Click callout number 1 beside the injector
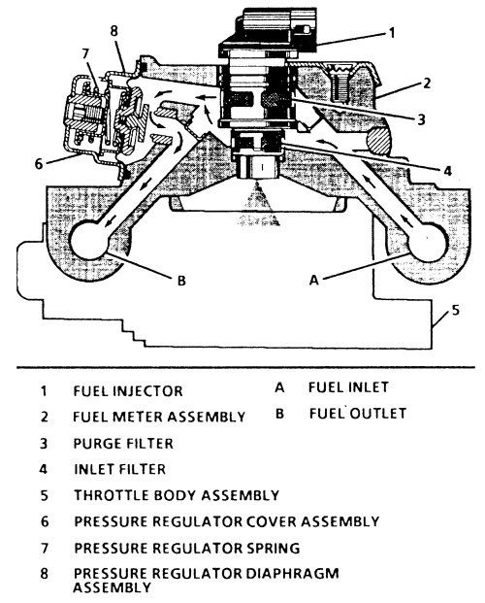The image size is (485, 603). tap(391, 33)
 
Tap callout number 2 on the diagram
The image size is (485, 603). tap(427, 84)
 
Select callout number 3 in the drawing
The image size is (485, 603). tap(421, 118)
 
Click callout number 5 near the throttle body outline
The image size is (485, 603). tap(455, 310)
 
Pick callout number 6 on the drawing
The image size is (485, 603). tap(39, 163)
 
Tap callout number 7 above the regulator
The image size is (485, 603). tap(85, 53)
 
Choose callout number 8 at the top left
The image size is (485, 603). tap(113, 31)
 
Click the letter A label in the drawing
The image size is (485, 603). tap(314, 281)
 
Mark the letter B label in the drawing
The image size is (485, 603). tap(181, 281)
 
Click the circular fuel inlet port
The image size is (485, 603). tap(428, 242)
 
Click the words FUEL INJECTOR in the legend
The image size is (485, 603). tap(128, 391)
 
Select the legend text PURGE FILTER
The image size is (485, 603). tap(123, 444)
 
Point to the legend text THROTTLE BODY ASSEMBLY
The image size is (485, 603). tap(177, 495)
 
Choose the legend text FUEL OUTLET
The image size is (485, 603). tap(358, 413)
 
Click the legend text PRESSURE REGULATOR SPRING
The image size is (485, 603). tap(187, 548)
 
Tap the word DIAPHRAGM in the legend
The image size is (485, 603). tap(293, 573)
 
